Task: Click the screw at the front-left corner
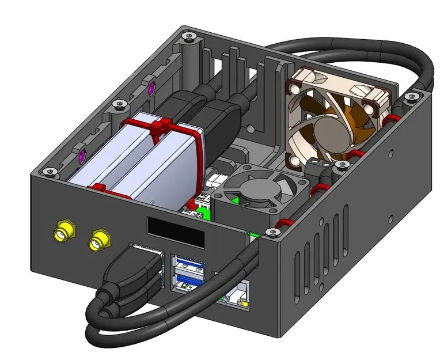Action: coord(49,171)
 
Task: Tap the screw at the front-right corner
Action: coord(272,232)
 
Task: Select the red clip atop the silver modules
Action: coord(163,123)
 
